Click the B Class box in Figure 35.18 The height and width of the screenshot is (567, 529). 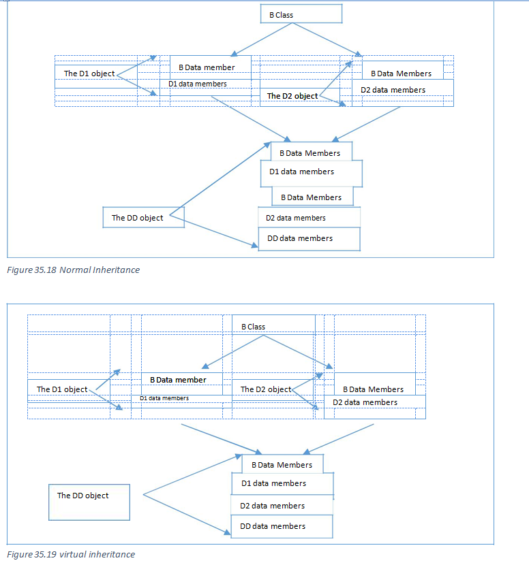point(301,14)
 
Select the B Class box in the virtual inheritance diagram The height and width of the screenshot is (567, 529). point(273,327)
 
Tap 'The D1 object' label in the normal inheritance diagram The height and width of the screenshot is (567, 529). point(89,74)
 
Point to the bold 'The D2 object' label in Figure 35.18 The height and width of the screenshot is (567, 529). point(292,96)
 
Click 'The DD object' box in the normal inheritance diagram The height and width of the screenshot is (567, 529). point(143,218)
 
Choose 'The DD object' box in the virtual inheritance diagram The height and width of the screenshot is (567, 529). point(89,502)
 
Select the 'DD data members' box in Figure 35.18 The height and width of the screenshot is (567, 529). point(308,239)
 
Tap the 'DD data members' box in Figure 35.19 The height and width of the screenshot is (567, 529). point(282,526)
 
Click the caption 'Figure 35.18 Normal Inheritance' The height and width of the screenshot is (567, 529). point(73,270)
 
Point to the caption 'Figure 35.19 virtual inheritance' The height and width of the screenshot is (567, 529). point(71,554)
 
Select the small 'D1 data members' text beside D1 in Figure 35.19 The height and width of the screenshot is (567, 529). point(164,398)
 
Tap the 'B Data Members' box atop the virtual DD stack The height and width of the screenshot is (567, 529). point(282,465)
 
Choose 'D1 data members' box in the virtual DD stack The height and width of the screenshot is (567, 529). point(282,484)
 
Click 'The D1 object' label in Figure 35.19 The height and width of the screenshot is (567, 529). point(62,389)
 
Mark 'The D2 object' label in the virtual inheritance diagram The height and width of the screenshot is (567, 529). point(266,389)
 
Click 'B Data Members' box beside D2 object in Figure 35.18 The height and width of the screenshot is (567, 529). point(402,74)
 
